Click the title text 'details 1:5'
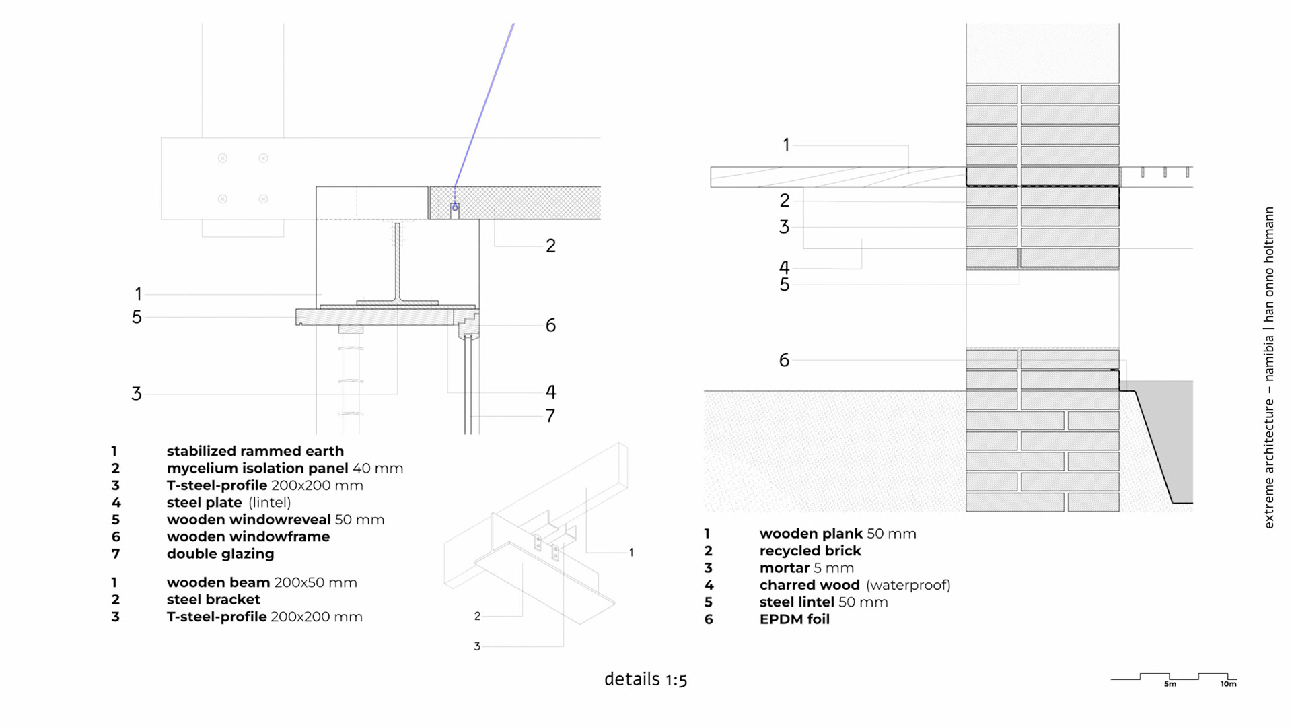click(x=645, y=679)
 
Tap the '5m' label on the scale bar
click(x=1170, y=684)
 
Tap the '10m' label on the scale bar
click(x=1228, y=684)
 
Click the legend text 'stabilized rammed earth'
click(x=255, y=451)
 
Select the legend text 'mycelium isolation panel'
click(x=257, y=469)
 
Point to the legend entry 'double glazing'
click(x=220, y=554)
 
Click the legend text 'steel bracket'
click(x=213, y=600)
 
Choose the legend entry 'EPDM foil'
click(x=794, y=619)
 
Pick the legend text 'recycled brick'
click(x=810, y=551)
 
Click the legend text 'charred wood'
click(x=810, y=585)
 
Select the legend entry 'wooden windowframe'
click(x=248, y=536)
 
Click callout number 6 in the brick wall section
click(x=784, y=360)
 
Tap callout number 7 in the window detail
click(x=550, y=416)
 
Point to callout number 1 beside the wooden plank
click(x=785, y=145)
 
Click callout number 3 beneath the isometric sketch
click(x=477, y=646)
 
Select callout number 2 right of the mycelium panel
click(x=550, y=246)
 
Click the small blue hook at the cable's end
click(x=455, y=207)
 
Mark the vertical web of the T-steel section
click(x=398, y=263)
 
